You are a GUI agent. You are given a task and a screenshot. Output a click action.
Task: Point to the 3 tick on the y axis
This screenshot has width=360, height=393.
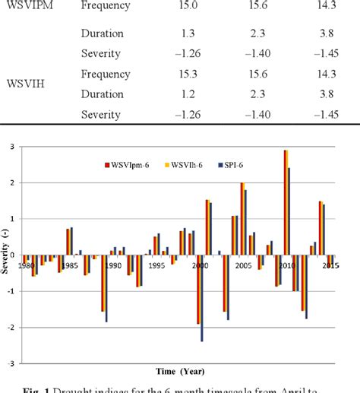[x=11, y=147]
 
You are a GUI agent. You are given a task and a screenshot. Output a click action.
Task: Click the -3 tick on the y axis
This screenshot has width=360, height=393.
[x=9, y=364]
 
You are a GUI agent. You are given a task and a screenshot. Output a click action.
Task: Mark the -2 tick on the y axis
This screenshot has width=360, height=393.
[x=9, y=328]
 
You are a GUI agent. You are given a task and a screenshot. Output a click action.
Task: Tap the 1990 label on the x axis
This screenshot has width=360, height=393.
[x=112, y=265]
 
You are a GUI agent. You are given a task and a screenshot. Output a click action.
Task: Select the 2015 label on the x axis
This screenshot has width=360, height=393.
[x=330, y=265]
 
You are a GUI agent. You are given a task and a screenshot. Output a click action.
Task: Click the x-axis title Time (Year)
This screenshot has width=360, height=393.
[x=179, y=372]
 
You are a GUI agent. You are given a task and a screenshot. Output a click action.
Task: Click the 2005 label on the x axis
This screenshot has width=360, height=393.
[x=243, y=265]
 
